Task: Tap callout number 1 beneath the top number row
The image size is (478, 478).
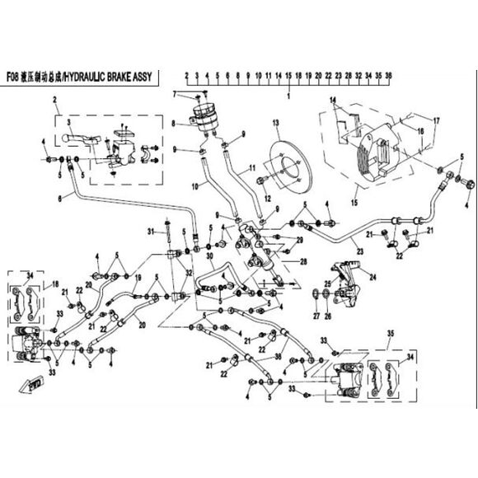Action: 288,96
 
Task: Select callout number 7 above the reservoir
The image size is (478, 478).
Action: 176,95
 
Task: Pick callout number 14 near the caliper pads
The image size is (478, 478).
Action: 333,101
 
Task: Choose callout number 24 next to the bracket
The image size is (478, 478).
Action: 373,277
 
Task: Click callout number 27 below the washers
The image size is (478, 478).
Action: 316,316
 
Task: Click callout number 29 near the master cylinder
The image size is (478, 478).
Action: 299,240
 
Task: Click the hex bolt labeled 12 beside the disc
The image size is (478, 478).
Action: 261,182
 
